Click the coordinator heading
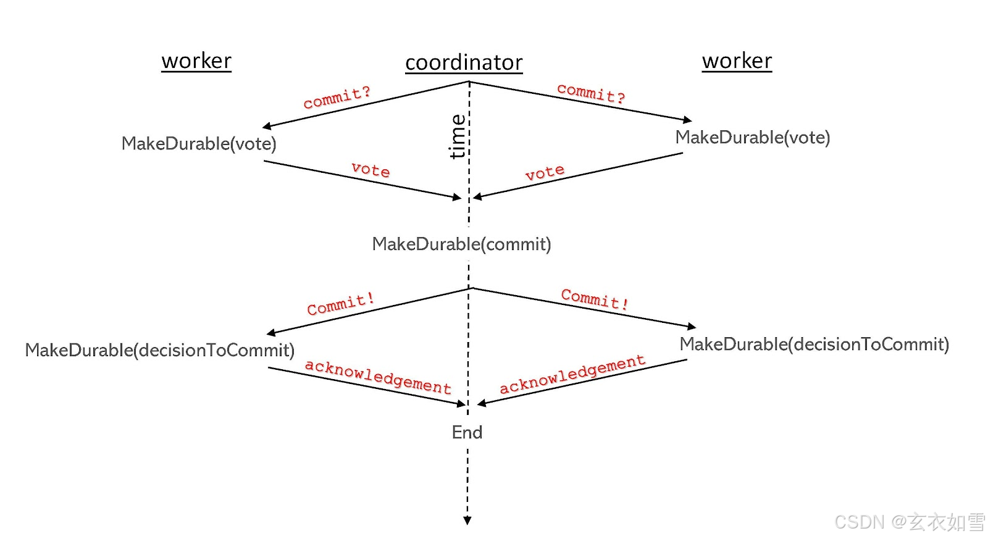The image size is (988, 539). pos(464,62)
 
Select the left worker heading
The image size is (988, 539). pos(196,61)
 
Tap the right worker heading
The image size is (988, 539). pos(737,61)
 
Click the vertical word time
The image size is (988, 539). pos(458,136)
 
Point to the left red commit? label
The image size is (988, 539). pos(337,97)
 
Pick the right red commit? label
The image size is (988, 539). pos(591,93)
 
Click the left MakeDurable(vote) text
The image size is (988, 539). pos(199,143)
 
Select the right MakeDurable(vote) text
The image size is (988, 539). pos(752,137)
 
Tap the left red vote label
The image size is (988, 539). pos(371,169)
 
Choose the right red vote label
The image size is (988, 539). pos(545,172)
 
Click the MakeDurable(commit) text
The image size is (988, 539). pos(461,244)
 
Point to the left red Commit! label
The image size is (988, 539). pos(340,304)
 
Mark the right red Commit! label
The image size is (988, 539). pos(595,298)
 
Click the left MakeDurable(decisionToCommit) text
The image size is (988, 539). pos(159,350)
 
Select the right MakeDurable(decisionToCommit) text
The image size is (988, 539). pos(814,344)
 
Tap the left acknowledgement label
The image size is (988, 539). pos(378,376)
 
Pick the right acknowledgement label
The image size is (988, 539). pos(572,374)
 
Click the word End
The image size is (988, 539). pos(467,432)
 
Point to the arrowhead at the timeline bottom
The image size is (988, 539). pos(467,520)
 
